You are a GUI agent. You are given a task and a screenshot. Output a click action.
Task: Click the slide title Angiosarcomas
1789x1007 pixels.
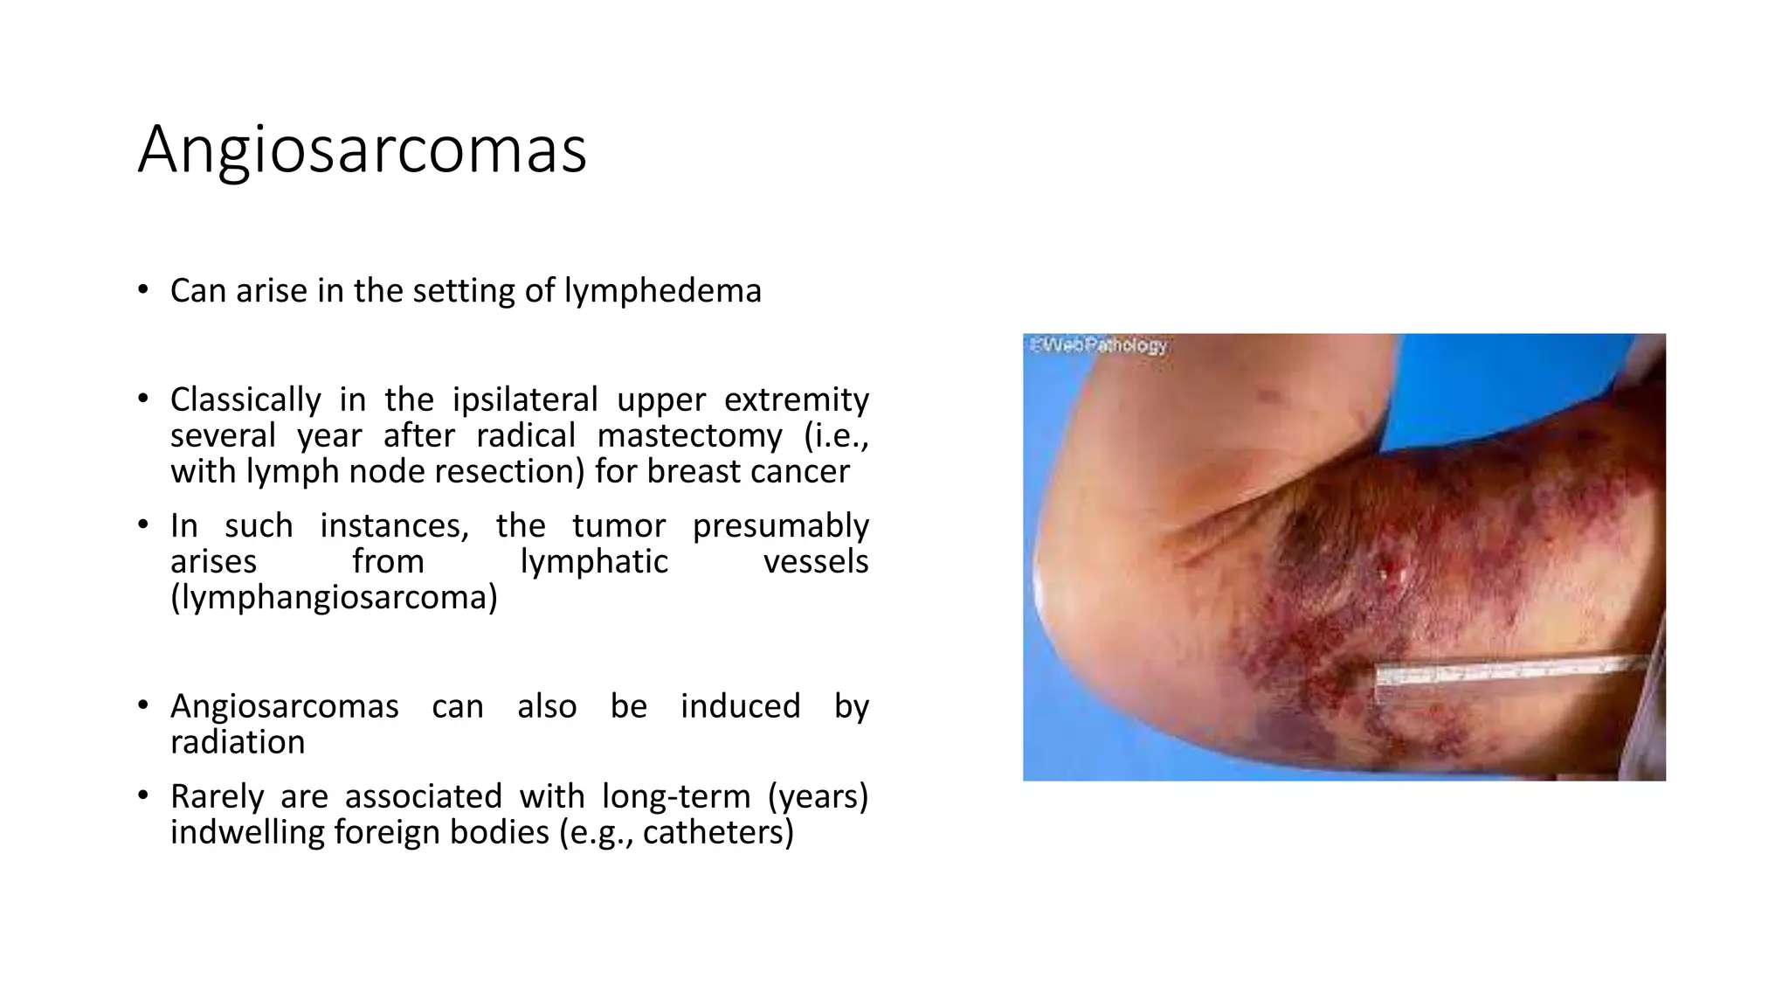coord(362,149)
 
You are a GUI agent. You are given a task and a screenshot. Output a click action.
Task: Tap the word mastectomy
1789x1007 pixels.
coord(690,435)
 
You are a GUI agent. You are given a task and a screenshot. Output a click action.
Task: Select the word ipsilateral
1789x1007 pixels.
coord(524,399)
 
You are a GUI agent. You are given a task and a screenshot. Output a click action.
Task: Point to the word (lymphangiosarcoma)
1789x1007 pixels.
coord(334,598)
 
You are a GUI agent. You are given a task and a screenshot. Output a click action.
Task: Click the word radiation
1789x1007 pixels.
coord(238,742)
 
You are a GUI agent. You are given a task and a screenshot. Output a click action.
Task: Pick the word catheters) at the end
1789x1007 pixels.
coord(718,832)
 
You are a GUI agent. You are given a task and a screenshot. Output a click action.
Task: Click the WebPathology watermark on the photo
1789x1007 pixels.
coord(1097,345)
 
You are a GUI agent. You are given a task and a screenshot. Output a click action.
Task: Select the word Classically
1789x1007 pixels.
coord(245,399)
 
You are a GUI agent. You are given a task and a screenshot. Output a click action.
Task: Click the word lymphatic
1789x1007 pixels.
coord(594,561)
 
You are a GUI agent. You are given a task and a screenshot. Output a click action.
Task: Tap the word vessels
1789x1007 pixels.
coord(816,561)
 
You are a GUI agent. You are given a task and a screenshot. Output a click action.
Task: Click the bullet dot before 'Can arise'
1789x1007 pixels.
coord(143,290)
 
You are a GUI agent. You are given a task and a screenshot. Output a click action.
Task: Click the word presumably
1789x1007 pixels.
coord(780,525)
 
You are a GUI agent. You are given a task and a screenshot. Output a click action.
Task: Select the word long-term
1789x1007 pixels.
coord(675,796)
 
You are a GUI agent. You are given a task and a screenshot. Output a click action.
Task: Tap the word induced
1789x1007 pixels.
coord(740,706)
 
